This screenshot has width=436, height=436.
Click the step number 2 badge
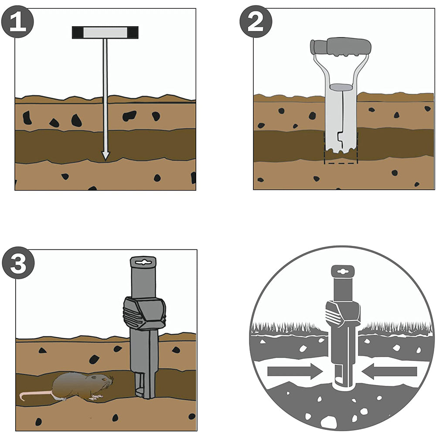coord(256,22)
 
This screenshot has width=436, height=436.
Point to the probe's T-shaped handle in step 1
coord(105,32)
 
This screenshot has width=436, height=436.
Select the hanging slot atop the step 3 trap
coord(143,262)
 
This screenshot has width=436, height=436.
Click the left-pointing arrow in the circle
coord(389,371)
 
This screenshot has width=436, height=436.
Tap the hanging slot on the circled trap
coord(342,271)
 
